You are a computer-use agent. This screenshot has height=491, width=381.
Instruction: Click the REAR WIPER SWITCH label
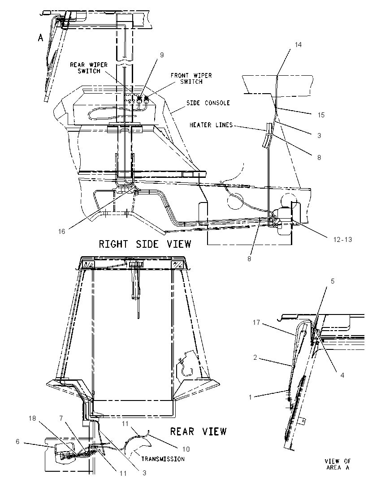point(89,68)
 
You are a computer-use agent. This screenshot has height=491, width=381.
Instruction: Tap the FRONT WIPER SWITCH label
point(191,78)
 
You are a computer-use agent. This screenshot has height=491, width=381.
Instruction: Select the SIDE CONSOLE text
point(208,103)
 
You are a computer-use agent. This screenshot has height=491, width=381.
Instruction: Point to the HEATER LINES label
point(211,125)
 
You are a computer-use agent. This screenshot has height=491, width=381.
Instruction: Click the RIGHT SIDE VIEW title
point(145,244)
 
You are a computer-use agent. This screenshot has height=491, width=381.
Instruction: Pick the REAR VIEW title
point(198,431)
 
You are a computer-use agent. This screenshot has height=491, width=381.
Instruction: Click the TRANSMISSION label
point(163,459)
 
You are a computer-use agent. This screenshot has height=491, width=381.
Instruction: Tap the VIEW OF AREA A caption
point(338,464)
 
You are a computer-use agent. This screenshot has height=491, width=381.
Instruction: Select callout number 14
point(298,45)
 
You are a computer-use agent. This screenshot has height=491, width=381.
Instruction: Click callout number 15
point(321,115)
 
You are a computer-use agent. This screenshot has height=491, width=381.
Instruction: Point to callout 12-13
point(342,240)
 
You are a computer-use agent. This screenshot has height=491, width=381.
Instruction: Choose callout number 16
point(61,232)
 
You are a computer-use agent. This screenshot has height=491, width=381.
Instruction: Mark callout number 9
point(162,55)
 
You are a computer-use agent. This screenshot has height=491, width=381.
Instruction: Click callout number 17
point(256,322)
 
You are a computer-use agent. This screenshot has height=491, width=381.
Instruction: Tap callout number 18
point(32,418)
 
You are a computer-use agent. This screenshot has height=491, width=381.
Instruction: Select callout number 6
point(17,442)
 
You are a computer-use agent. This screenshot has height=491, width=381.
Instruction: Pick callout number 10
point(186,449)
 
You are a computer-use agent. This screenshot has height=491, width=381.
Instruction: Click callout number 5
point(333,281)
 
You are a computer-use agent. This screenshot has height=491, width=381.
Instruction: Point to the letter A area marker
point(40,38)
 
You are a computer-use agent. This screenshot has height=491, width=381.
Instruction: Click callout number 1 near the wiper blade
point(251,397)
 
